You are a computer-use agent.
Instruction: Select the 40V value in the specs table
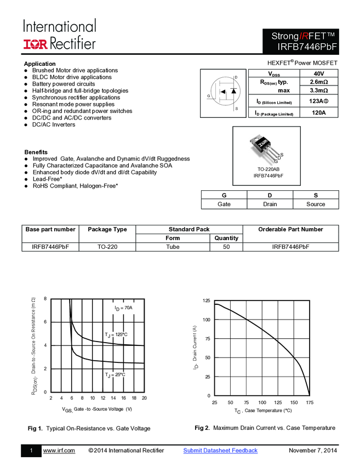[x=318, y=73]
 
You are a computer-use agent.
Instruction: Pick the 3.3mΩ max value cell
[x=318, y=90]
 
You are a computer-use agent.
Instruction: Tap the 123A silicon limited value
[x=318, y=101]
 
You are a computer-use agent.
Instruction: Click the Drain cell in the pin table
[x=270, y=204]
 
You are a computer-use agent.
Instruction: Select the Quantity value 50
[x=226, y=247]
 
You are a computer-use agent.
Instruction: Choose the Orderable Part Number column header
[x=290, y=229]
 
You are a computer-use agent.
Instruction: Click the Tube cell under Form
[x=173, y=247]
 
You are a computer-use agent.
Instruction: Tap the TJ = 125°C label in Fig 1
[x=116, y=334]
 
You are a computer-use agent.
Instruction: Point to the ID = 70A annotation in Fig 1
[x=123, y=308]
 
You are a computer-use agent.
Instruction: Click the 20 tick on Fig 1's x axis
[x=144, y=398]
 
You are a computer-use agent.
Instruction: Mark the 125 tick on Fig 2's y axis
[x=206, y=301]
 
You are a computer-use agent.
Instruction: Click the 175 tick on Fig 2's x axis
[x=310, y=402]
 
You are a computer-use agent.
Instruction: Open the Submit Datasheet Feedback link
[x=220, y=451]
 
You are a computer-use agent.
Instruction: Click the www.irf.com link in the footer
[x=59, y=451]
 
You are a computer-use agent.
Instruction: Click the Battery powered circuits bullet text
[x=63, y=84]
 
